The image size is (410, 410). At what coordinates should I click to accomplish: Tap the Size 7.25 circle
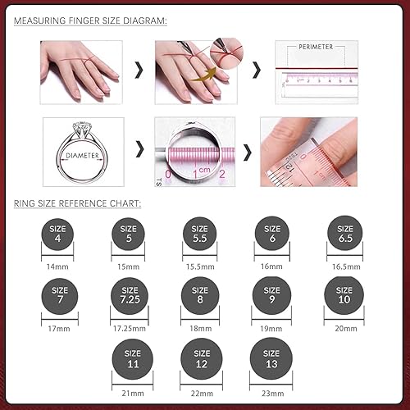tap(130, 294)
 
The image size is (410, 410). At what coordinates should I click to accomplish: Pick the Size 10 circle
tap(344, 294)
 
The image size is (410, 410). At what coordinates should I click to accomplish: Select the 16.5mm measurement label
tap(344, 266)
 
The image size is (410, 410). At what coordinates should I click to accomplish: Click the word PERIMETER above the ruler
tap(316, 48)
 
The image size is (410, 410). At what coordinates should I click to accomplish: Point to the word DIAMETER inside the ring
tap(82, 155)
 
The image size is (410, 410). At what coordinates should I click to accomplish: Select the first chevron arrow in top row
tap(139, 71)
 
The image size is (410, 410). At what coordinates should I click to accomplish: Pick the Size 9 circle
tap(272, 294)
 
